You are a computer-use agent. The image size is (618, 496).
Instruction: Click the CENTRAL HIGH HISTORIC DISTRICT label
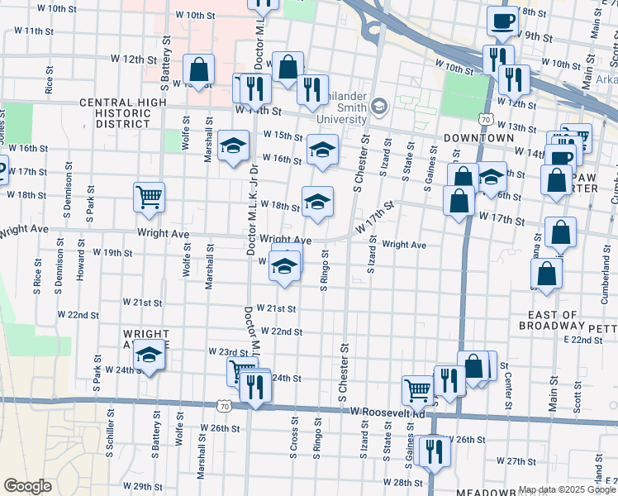[122, 113]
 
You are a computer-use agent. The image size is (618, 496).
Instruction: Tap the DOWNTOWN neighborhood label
[478, 137]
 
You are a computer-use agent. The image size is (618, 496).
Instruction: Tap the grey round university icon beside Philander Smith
[378, 105]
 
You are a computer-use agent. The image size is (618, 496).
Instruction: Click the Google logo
[27, 485]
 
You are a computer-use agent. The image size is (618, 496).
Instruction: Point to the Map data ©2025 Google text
[567, 489]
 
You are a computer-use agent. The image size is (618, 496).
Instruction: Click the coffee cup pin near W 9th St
[501, 21]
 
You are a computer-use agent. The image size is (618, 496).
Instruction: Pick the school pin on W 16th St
[321, 149]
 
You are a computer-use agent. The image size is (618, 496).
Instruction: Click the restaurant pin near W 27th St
[430, 451]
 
